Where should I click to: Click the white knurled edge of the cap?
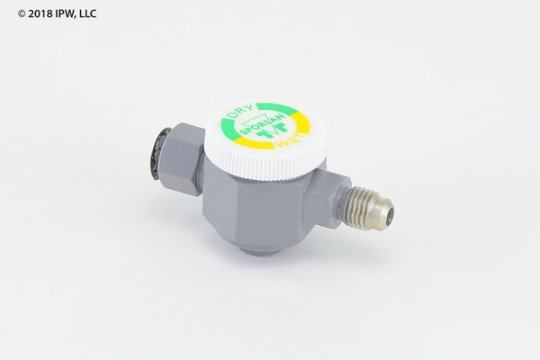[x=265, y=162]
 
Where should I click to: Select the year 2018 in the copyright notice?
[x=40, y=13]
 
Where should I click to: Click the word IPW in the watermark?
[x=65, y=13]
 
